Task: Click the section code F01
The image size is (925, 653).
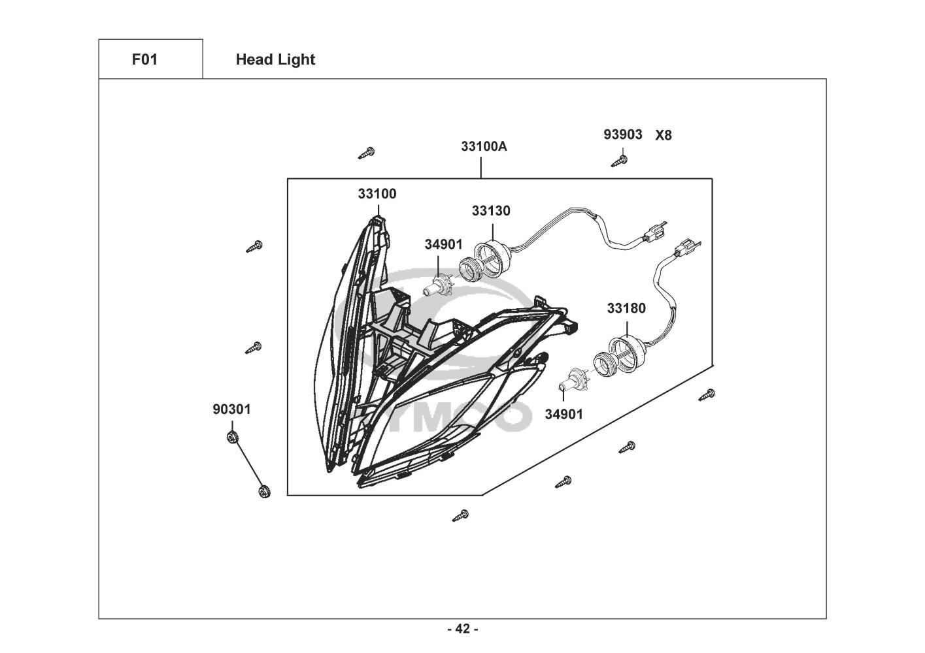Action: [144, 59]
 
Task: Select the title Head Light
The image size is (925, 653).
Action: [275, 59]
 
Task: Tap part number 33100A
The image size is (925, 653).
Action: [484, 146]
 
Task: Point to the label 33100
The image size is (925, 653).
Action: [377, 194]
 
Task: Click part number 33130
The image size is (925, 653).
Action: [491, 211]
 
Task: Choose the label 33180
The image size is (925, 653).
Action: [626, 308]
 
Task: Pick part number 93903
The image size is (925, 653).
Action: [622, 135]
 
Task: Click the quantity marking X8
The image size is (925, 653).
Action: [664, 135]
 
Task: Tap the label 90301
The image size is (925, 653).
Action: [231, 409]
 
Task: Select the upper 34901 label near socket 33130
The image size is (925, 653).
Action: [443, 244]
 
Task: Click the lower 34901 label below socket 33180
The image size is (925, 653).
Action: [564, 414]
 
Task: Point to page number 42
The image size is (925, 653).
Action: [462, 629]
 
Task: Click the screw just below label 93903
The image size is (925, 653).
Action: [618, 159]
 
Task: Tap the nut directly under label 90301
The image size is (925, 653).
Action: [231, 436]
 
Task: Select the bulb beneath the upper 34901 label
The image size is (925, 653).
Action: [436, 286]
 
